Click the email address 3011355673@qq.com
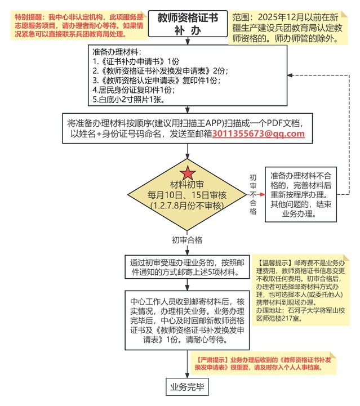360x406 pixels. point(259,133)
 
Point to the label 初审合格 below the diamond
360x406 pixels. point(187,239)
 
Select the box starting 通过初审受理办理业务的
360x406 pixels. point(187,267)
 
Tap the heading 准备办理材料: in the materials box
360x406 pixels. point(112,51)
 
